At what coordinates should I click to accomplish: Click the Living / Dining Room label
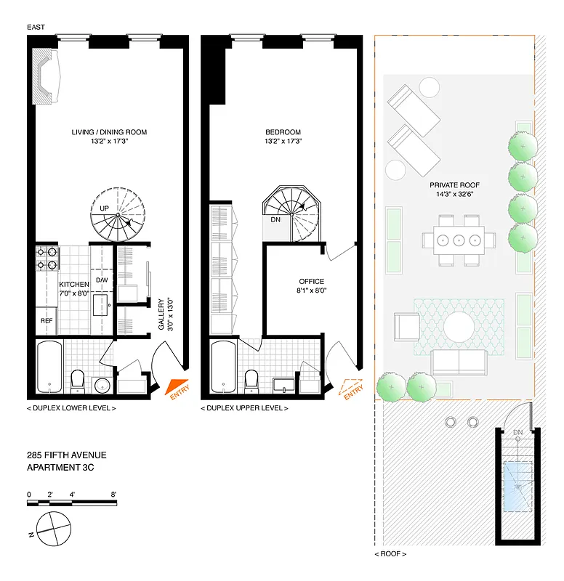point(109,132)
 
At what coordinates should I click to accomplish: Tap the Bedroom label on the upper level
point(283,132)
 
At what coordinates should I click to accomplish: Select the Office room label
point(311,282)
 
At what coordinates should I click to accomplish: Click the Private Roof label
point(454,185)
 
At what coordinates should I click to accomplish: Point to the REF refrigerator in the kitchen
point(46,320)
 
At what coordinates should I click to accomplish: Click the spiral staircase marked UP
point(116,215)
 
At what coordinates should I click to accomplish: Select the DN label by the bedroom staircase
point(275,219)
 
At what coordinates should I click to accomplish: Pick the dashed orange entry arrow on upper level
point(352,389)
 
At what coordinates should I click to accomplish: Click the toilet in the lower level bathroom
point(78,378)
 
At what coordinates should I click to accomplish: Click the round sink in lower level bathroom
point(102,384)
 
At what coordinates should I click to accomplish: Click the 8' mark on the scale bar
point(114,494)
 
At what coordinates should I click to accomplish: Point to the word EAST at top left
point(37,27)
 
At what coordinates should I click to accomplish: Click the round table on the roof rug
point(459,328)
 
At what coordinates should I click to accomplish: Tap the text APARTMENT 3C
point(60,468)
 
